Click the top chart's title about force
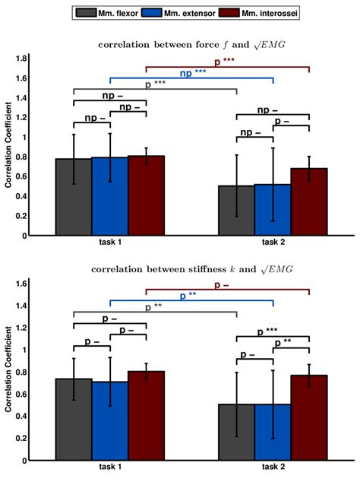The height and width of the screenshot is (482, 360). pyautogui.click(x=191, y=45)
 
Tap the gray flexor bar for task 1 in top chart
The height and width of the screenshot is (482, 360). pyautogui.click(x=73, y=197)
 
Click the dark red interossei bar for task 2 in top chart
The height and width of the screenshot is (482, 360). pyautogui.click(x=308, y=201)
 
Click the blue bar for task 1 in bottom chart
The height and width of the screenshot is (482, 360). pyautogui.click(x=109, y=421)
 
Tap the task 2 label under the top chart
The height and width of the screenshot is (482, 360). pyautogui.click(x=271, y=243)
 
